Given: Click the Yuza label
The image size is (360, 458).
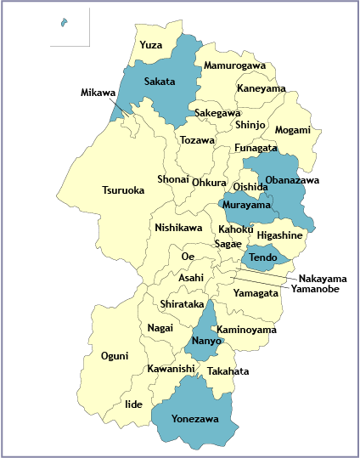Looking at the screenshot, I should click(151, 44).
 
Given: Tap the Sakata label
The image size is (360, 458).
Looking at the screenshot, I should click(159, 82).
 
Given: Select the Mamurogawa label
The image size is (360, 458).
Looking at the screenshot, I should click(234, 65).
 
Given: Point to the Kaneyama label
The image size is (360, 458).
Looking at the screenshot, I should click(261, 88).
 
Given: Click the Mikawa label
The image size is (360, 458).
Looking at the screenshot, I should click(98, 92).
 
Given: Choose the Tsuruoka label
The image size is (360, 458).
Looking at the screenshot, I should click(123, 190).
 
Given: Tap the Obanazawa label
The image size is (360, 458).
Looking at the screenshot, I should click(292, 180).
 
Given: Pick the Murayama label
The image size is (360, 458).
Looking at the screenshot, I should click(247, 205).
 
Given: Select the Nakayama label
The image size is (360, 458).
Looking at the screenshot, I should click(323, 278).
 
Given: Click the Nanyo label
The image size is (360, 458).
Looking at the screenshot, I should click(205, 341).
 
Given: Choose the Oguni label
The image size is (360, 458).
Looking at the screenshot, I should click(115, 355).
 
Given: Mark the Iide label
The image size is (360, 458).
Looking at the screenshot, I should click(133, 404).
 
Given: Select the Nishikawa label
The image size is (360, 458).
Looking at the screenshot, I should click(178, 228).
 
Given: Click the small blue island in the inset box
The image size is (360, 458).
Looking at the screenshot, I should click(65, 23).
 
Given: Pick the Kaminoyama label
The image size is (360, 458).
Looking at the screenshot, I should click(246, 329).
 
